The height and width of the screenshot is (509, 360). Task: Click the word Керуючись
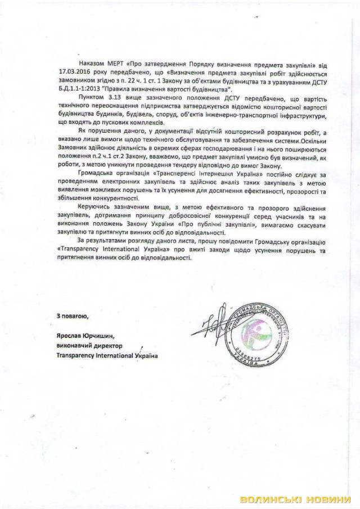pos(94,208)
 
